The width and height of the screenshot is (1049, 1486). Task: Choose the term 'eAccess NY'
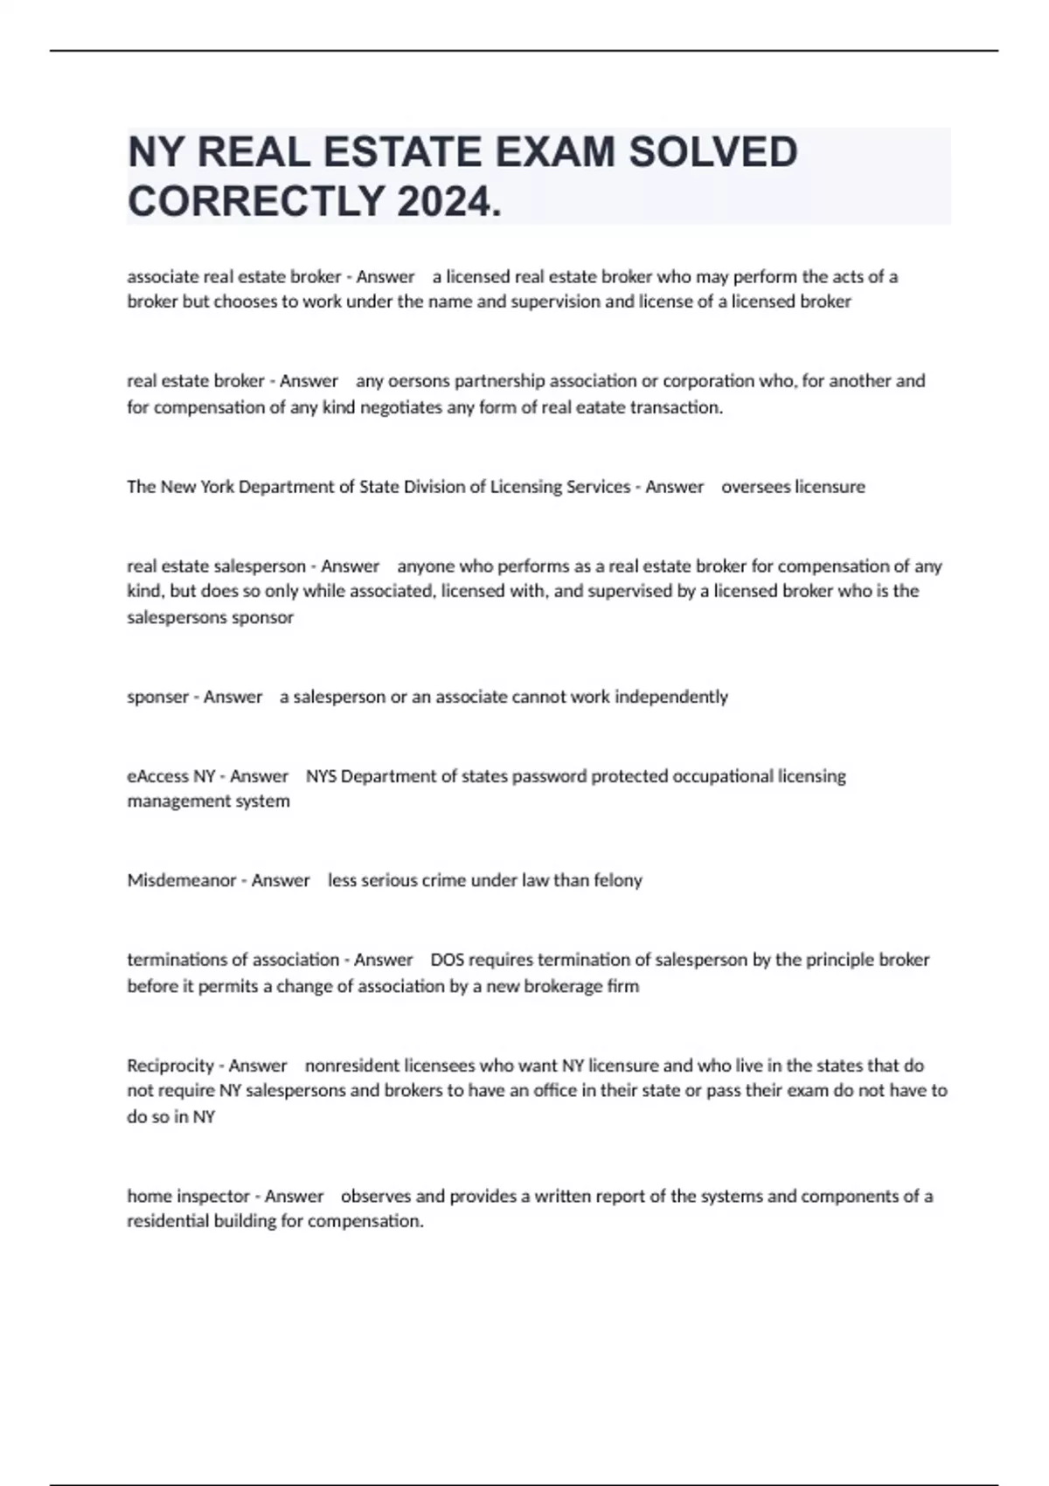pos(171,776)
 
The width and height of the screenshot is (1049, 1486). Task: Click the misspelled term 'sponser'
pos(157,697)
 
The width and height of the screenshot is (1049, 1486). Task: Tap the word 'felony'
pos(618,880)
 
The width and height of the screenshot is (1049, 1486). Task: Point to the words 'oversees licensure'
pos(793,487)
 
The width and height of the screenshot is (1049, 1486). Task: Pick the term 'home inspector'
pos(189,1196)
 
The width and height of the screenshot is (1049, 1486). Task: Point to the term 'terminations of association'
pos(233,960)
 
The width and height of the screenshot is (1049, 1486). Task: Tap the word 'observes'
pos(376,1196)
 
